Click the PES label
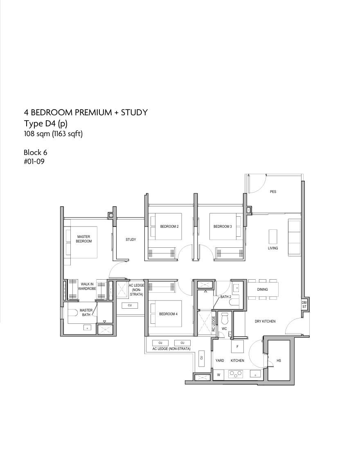[x=273, y=192]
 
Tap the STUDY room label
[x=131, y=240]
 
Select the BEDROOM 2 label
[x=169, y=227]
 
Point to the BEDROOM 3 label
[x=223, y=227]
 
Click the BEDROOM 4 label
[x=168, y=314]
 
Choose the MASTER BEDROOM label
[x=84, y=239]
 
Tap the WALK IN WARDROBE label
[x=87, y=286]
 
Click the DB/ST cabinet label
[x=304, y=305]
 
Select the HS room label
[x=279, y=361]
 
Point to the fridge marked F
[x=237, y=347]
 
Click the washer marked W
[x=219, y=375]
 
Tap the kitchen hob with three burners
[x=235, y=374]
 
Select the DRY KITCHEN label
[x=265, y=321]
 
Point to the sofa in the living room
[x=294, y=238]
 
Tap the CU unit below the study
[x=130, y=305]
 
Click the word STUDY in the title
[x=134, y=112]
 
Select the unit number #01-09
[x=34, y=162]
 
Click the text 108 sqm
[x=37, y=134]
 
